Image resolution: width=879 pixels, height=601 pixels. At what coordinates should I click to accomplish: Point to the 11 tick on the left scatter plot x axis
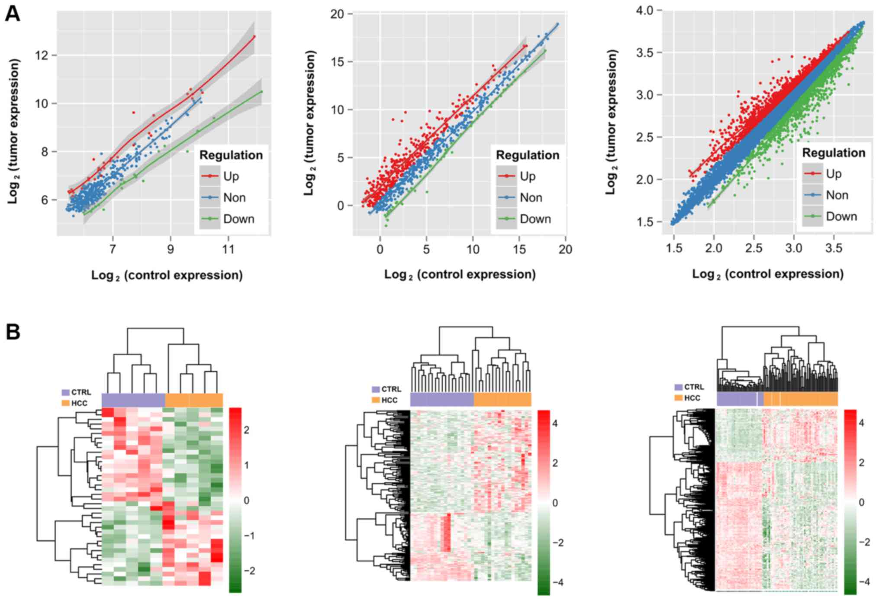228,249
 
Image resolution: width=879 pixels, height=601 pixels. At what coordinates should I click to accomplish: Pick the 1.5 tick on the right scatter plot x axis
674,249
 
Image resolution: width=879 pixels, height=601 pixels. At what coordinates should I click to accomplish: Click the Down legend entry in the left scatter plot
238,219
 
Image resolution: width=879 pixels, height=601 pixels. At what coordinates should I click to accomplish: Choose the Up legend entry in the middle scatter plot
528,176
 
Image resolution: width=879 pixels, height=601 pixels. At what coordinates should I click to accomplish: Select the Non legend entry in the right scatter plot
837,195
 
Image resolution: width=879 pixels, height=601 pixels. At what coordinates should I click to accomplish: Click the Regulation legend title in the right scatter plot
834,153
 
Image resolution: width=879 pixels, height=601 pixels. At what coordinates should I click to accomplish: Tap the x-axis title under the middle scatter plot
460,275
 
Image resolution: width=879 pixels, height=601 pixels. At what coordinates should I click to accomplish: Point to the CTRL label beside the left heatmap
81,392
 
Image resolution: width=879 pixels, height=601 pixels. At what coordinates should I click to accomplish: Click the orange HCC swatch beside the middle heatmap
376,400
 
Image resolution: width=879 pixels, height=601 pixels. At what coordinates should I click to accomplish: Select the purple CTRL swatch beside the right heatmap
678,387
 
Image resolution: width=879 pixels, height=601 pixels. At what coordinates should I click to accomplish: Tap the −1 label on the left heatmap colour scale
248,536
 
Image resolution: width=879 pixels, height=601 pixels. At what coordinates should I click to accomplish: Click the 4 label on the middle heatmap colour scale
555,423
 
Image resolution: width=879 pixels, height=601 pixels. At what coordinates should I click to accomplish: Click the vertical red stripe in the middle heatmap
445,532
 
